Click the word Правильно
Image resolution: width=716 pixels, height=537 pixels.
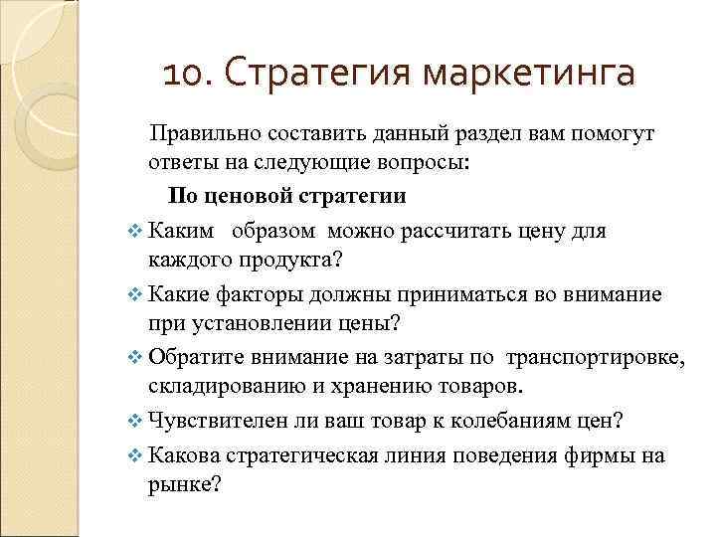coord(202,134)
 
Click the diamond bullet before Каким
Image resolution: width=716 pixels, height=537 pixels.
coord(135,232)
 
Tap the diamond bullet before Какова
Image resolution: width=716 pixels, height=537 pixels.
coord(135,457)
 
